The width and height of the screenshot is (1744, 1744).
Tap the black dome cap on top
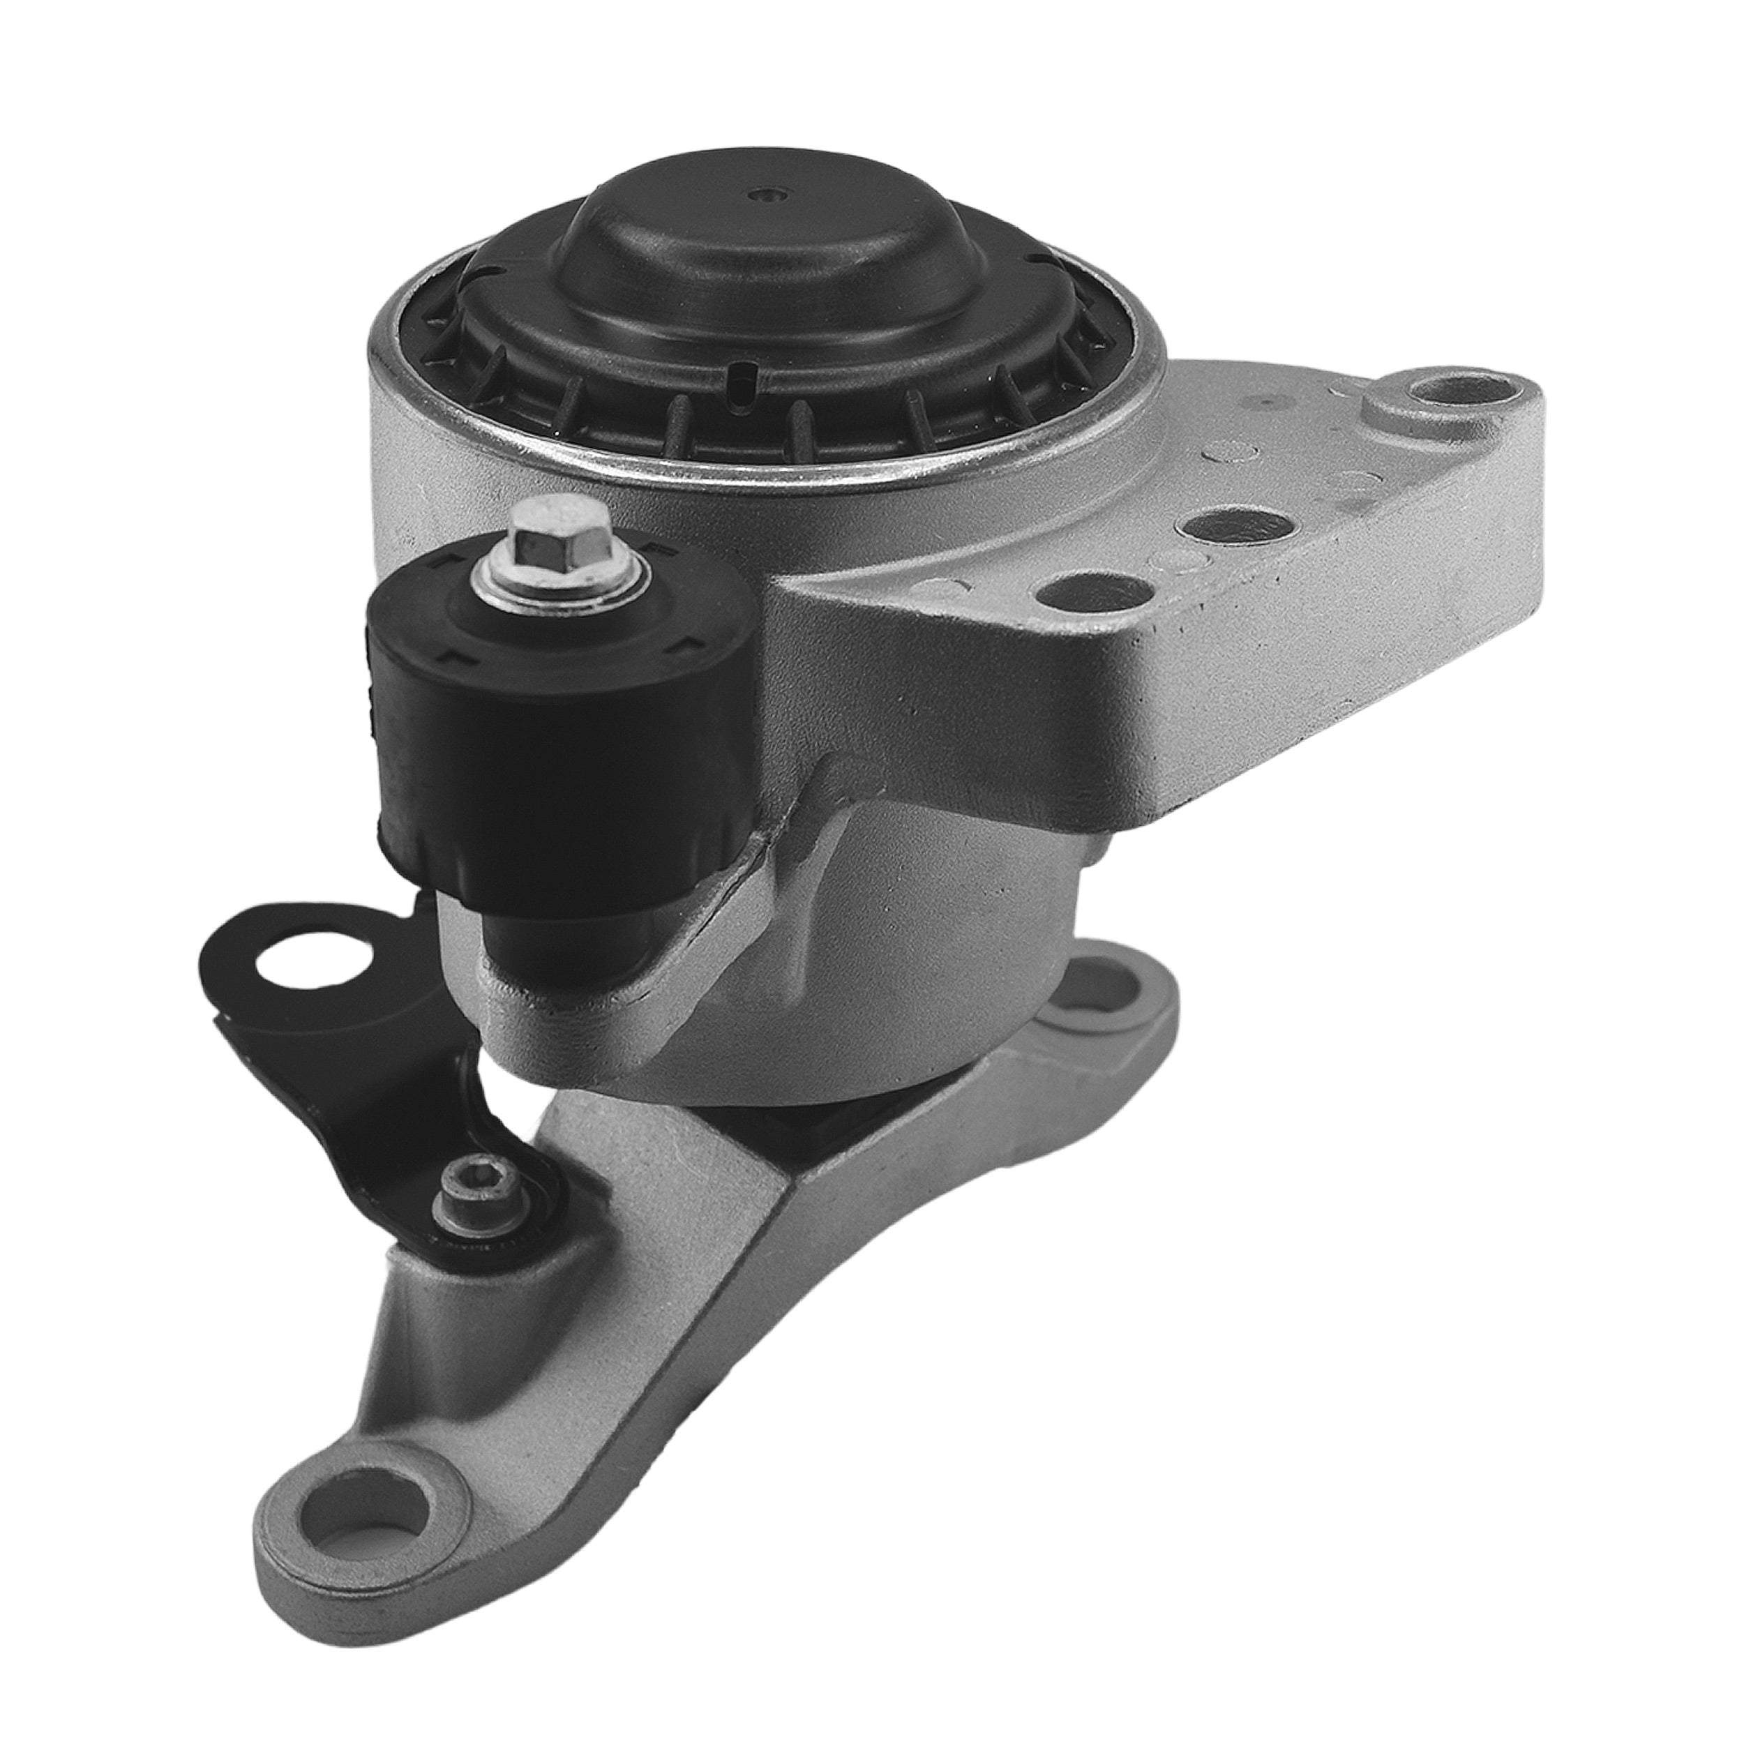(x=767, y=262)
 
